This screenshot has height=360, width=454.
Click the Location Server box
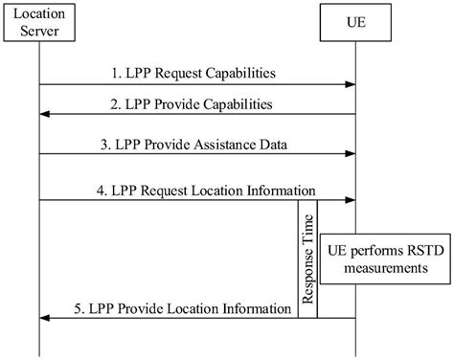[x=39, y=26]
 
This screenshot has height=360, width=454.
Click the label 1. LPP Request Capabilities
[x=198, y=72]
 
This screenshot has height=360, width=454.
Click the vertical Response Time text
[x=308, y=246]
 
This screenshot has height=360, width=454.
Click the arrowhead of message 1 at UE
[x=351, y=85]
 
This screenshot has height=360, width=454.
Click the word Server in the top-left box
[x=39, y=34]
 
